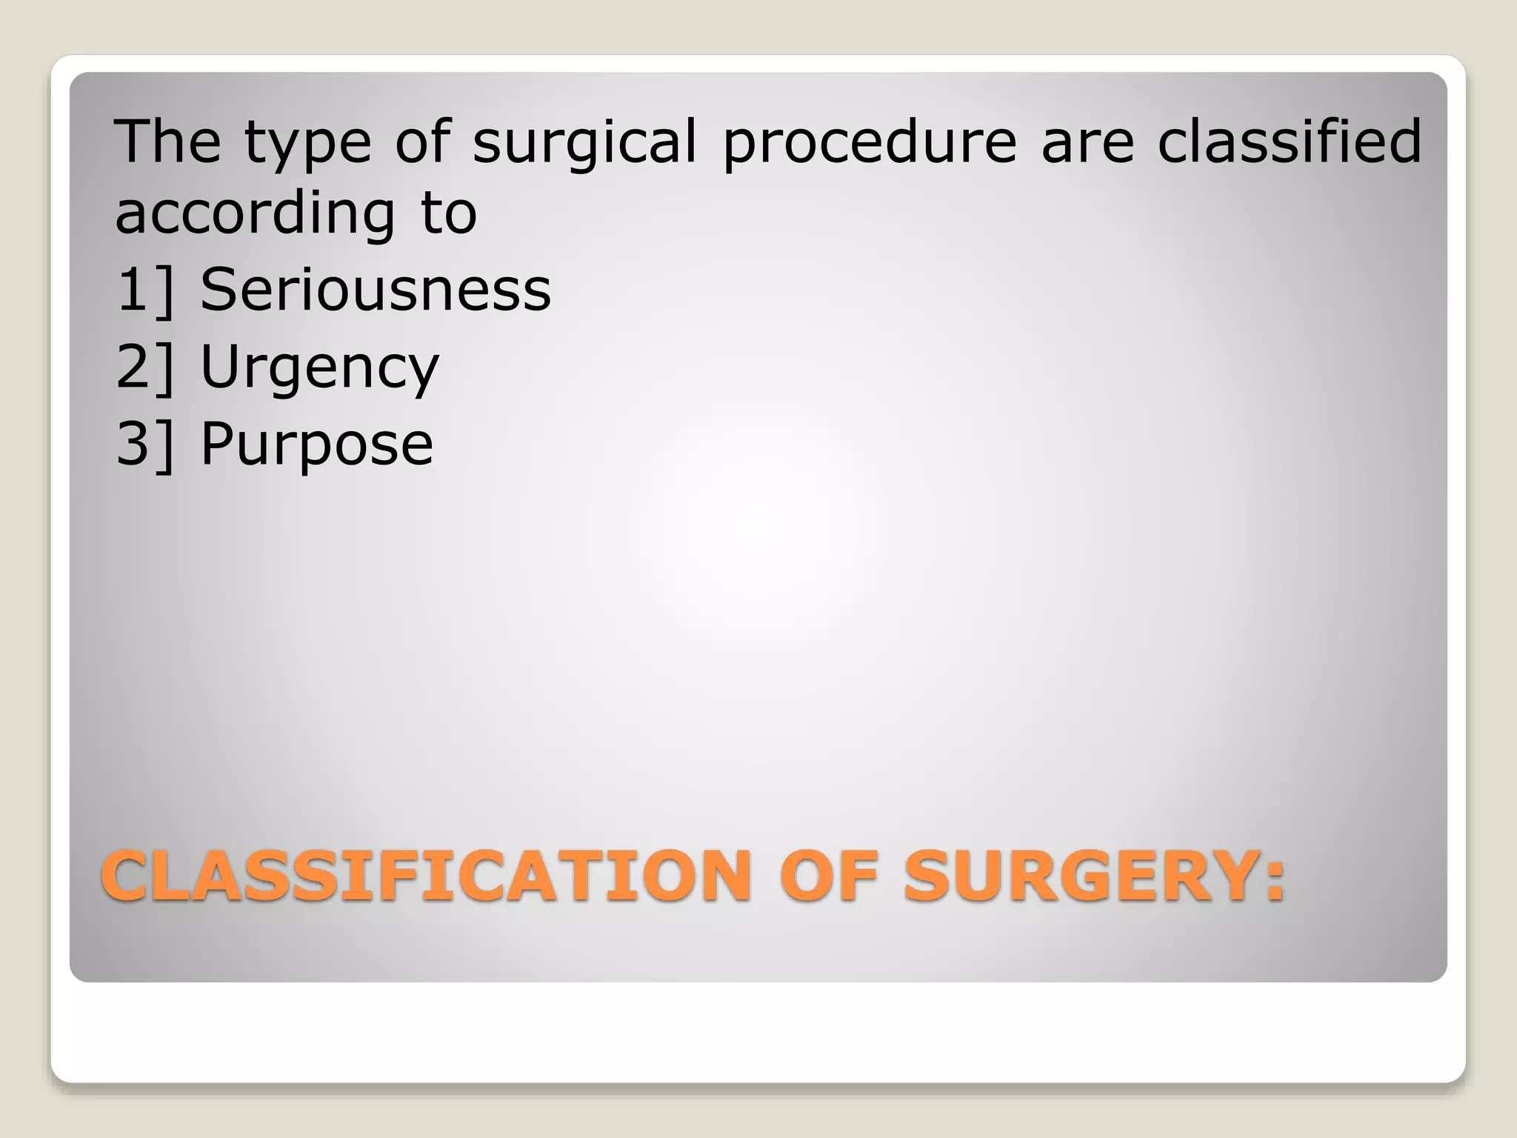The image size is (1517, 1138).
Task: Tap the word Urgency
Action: pos(319,367)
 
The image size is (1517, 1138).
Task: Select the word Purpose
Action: pos(316,445)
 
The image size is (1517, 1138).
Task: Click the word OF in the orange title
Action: pos(828,876)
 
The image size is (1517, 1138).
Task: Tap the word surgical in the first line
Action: pos(585,142)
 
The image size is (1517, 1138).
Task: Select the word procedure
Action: pos(870,142)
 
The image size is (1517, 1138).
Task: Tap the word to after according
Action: pos(449,213)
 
